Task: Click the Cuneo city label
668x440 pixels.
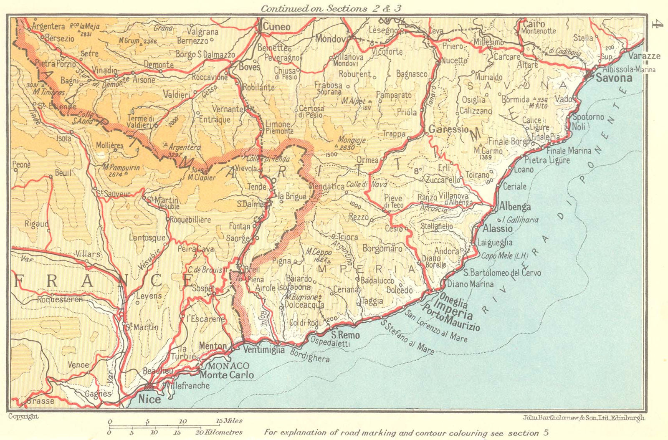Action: pos(276,27)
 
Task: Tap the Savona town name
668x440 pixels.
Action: pos(614,78)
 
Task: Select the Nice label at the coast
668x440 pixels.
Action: pos(149,399)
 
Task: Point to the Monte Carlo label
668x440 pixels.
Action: pos(227,375)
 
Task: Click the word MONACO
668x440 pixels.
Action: pos(228,366)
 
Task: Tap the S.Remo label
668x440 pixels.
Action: pos(345,335)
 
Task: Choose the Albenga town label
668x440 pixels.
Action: pos(515,207)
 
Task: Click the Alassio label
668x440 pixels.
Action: pos(497,228)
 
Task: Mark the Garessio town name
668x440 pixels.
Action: pos(449,129)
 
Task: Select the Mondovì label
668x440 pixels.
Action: pos(331,39)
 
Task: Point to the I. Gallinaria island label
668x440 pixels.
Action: pos(520,220)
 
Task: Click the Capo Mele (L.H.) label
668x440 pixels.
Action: pos(505,255)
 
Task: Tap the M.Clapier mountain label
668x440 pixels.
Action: pos(201,177)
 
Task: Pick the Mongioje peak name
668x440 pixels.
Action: pos(352,140)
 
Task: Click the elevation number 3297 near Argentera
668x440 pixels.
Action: pos(175,154)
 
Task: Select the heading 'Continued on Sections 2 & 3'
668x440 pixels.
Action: pos(332,8)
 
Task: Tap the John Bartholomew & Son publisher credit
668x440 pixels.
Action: pos(583,417)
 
